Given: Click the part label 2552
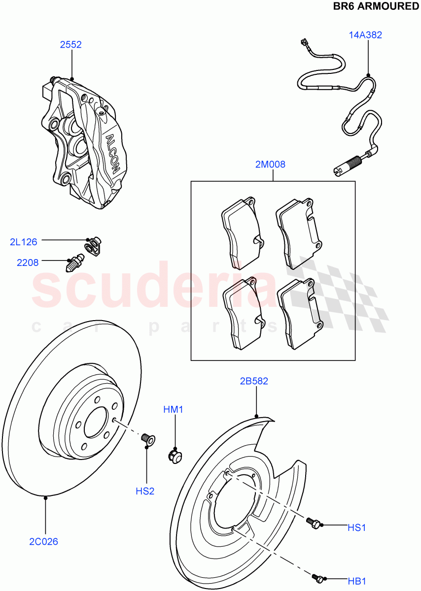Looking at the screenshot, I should coord(70,45).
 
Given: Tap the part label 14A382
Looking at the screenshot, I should coord(365,35).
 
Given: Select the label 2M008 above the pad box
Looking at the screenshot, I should coord(270,164).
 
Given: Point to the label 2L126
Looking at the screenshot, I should coord(23,241).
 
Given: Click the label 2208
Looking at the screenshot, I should coord(28,263).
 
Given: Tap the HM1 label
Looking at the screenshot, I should coord(174,409).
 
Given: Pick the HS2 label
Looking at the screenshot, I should coord(145,491).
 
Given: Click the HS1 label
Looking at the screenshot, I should coord(356,527).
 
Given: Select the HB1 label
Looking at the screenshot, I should coord(356,581).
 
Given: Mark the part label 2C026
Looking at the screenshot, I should coord(43,542).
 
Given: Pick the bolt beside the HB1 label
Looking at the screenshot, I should coord(318,578).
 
